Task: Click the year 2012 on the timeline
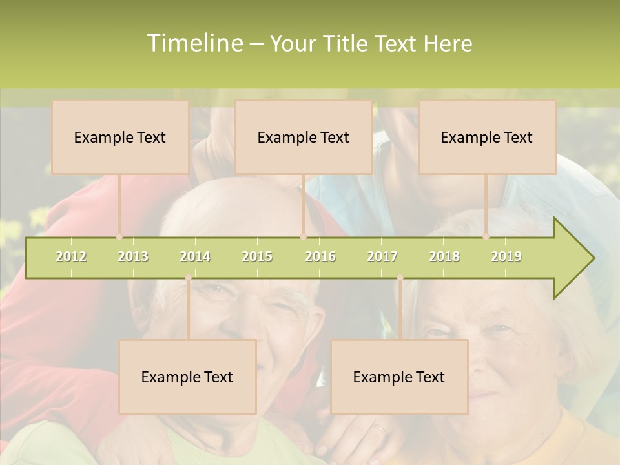[x=71, y=256]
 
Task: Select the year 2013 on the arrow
[x=133, y=256]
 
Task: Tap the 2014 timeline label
[x=195, y=256]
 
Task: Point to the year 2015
[x=257, y=256]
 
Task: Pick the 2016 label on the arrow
[x=320, y=256]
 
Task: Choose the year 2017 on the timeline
[x=382, y=256]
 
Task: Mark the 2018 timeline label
[x=444, y=256]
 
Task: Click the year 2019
[x=506, y=256]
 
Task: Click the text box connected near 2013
[x=120, y=137]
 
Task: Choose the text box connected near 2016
[x=304, y=137]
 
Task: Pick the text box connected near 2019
[x=487, y=137]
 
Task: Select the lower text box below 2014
[x=187, y=377]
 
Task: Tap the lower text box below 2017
[x=399, y=377]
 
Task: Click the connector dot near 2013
[x=119, y=237]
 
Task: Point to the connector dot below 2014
[x=188, y=278]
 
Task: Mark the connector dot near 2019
[x=486, y=237]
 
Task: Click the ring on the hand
[x=380, y=428]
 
